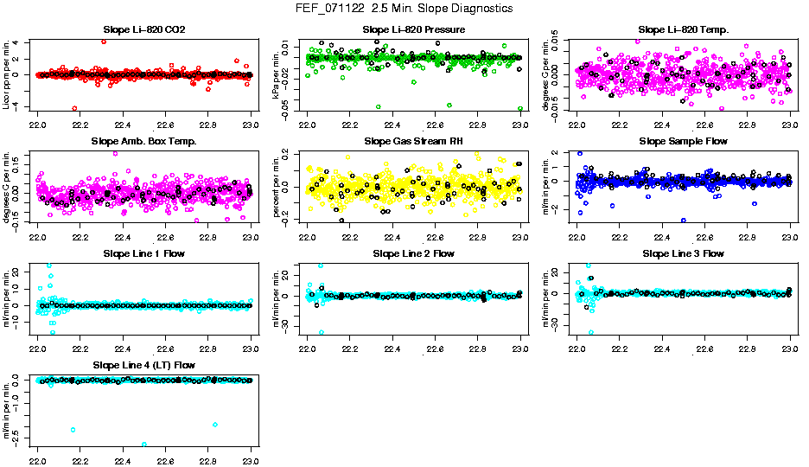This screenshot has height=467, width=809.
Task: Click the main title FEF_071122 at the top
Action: click(x=404, y=9)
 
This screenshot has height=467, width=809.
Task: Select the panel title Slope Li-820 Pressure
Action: click(x=414, y=30)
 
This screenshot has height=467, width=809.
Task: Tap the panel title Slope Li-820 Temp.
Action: click(x=684, y=30)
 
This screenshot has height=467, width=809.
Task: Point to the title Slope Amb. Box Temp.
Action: click(x=144, y=142)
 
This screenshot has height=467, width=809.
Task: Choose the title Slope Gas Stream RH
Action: click(x=414, y=142)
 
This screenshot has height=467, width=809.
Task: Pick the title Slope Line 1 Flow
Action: click(x=144, y=254)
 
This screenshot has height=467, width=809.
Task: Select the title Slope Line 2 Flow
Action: click(x=414, y=254)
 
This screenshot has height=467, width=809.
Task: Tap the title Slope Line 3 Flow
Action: click(x=684, y=254)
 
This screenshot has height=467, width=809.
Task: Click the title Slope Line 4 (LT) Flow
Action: click(x=144, y=366)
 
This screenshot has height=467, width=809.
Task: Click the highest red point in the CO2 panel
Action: click(x=104, y=42)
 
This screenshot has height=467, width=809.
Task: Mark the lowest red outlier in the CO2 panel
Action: click(x=75, y=108)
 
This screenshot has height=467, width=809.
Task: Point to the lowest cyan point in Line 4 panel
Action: click(x=144, y=445)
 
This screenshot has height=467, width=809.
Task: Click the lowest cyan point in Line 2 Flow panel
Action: click(x=322, y=332)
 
